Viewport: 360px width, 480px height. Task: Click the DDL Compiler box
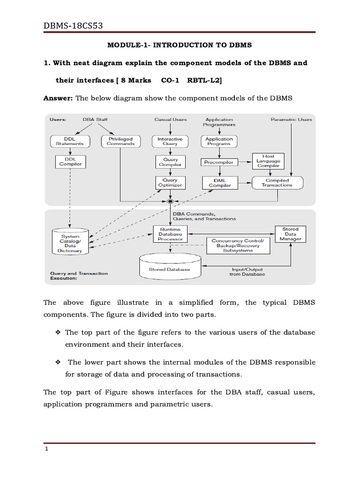coord(70,162)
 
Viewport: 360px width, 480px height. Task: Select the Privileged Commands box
coord(120,141)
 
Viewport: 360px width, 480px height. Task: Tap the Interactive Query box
coord(170,141)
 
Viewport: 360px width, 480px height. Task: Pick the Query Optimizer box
coord(170,182)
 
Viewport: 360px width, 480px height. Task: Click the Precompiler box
coord(218,162)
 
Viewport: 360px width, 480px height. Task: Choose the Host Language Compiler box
coord(269,161)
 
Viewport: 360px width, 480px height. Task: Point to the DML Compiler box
coord(220,182)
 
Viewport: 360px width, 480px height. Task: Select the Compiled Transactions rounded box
coord(277,182)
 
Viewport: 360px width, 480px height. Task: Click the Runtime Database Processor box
coord(170,234)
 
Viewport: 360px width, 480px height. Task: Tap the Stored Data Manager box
coord(290,234)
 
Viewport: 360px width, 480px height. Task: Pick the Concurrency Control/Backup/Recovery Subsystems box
coord(238,246)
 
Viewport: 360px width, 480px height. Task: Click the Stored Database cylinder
coord(170,268)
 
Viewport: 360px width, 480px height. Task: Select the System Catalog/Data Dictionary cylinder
coord(70,242)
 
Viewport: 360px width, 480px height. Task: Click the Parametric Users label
coord(291,120)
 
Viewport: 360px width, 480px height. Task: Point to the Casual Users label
coord(171,120)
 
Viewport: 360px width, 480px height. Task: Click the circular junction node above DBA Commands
coord(171,201)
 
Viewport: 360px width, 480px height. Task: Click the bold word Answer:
coord(58,98)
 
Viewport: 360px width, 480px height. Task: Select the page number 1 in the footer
coord(47,449)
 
